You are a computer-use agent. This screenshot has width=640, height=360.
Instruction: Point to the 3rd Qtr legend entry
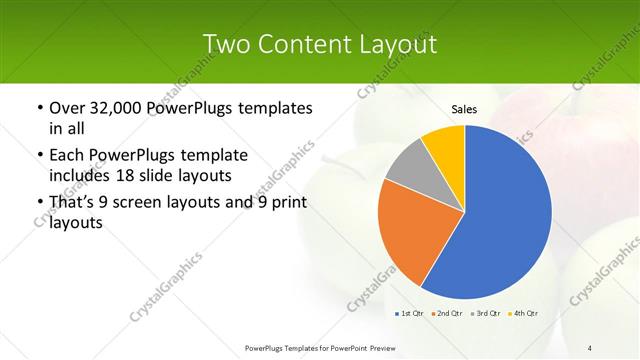pyautogui.click(x=486, y=314)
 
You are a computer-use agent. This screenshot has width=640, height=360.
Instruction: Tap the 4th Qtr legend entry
pyautogui.click(x=524, y=314)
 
